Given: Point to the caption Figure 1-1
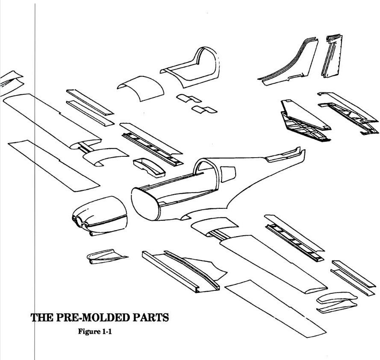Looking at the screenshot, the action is pos(95,331).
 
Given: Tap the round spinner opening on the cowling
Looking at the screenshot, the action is pos(79,222).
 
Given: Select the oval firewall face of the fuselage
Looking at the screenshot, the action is pos(145,204).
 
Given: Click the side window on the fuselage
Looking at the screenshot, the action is pos(228,173).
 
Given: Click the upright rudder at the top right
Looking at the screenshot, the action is pos(332,56).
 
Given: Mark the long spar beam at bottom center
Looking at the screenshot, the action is pos(170,272).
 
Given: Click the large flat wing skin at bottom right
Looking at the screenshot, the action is pos(275,308).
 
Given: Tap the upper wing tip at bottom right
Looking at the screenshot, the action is pos(337,298).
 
